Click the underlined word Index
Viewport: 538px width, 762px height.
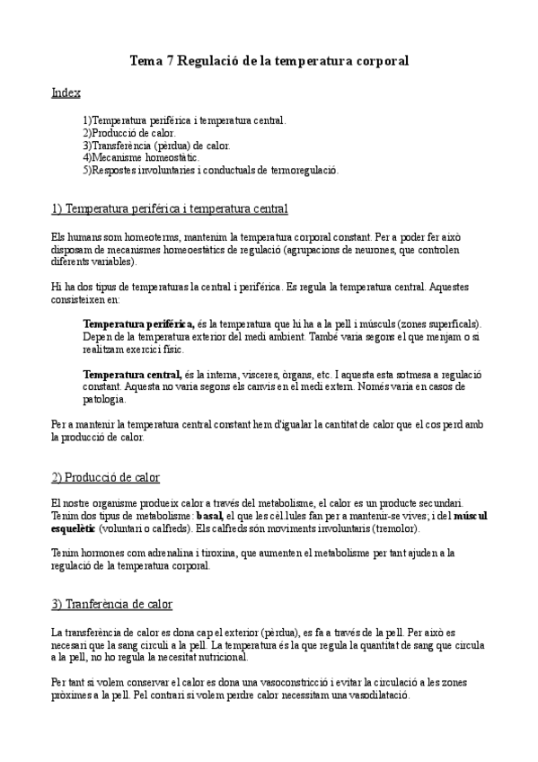tap(66, 93)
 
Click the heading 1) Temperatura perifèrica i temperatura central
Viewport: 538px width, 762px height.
tap(170, 209)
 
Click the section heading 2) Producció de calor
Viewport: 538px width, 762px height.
tap(106, 476)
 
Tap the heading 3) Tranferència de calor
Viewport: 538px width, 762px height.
tap(112, 604)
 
